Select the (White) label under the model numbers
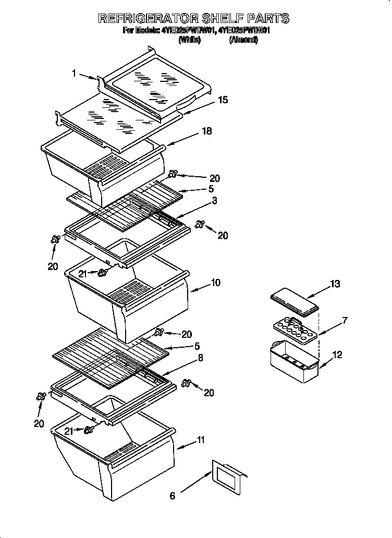pyautogui.click(x=189, y=40)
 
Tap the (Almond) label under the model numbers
pyautogui.click(x=243, y=40)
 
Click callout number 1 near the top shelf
pyautogui.click(x=75, y=74)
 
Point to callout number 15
pyautogui.click(x=223, y=100)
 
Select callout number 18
pyautogui.click(x=207, y=131)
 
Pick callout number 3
pyautogui.click(x=214, y=200)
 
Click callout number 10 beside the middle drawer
pyautogui.click(x=215, y=283)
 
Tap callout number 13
pyautogui.click(x=335, y=284)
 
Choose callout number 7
pyautogui.click(x=345, y=320)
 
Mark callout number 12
pyautogui.click(x=337, y=355)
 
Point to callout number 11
pyautogui.click(x=200, y=441)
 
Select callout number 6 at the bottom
pyautogui.click(x=173, y=496)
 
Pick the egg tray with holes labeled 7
pyautogui.click(x=295, y=331)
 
